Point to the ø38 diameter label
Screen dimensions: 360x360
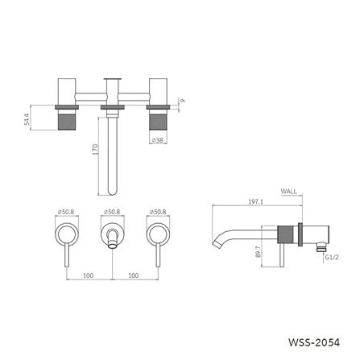click(x=159, y=139)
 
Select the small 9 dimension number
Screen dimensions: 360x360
click(x=184, y=101)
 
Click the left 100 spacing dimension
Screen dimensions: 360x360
click(x=89, y=275)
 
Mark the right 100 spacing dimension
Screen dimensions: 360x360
click(x=134, y=275)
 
